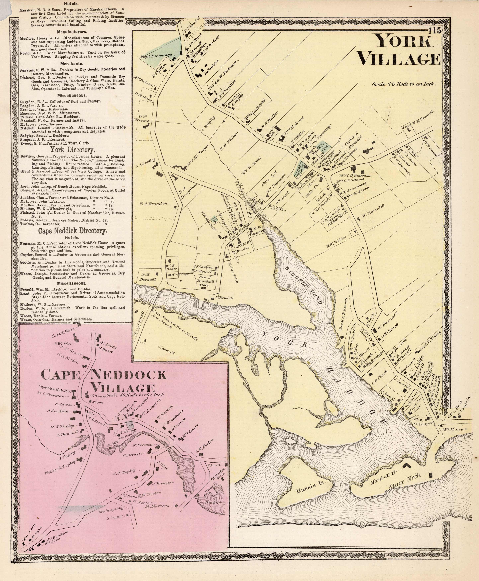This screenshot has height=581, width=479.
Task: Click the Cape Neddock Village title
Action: [104, 381]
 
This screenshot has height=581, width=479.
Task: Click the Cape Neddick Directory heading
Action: [72, 231]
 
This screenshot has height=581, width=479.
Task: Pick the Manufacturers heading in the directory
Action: [72, 32]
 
